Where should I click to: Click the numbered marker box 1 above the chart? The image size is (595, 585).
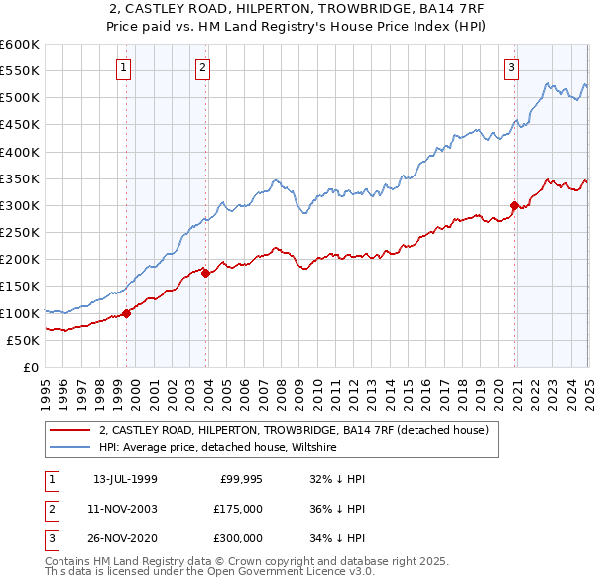(x=123, y=68)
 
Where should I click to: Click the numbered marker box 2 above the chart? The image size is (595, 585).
(x=201, y=68)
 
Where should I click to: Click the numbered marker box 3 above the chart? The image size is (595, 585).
(x=511, y=68)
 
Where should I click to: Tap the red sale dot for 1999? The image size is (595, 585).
(x=127, y=313)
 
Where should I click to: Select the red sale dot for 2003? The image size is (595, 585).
(x=205, y=273)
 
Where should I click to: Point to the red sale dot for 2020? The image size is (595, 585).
(x=515, y=206)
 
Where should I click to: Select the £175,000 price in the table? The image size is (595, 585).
(x=236, y=510)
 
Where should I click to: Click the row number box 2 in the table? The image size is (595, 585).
(x=51, y=510)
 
